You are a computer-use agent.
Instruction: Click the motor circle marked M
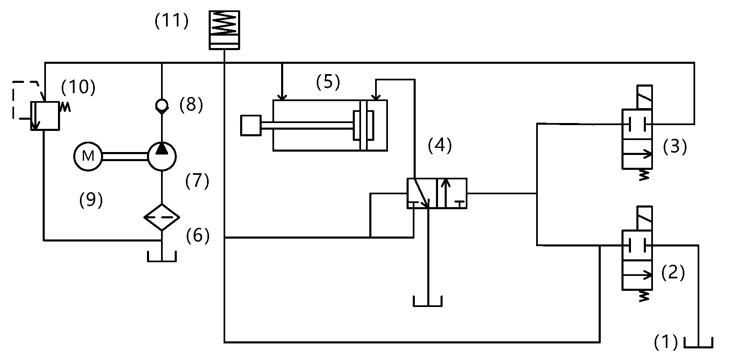tap(88, 156)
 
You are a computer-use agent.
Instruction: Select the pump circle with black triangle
tap(162, 156)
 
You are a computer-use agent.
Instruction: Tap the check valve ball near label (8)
tap(162, 106)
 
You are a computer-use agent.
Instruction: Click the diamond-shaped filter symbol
tap(162, 217)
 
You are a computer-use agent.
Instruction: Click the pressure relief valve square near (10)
tap(45, 116)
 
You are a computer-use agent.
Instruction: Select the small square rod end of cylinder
tap(250, 125)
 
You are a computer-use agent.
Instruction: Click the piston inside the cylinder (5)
tap(364, 125)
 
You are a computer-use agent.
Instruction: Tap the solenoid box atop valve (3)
tap(644, 97)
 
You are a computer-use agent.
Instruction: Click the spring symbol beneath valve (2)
tap(643, 296)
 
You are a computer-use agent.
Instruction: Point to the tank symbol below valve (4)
tap(428, 301)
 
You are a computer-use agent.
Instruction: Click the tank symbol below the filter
tap(162, 257)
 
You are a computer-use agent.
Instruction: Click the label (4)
tap(439, 145)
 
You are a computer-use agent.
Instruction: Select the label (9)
tap(91, 200)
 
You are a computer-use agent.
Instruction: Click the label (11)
tap(171, 21)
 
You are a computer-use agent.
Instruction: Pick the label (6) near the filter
tap(197, 236)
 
